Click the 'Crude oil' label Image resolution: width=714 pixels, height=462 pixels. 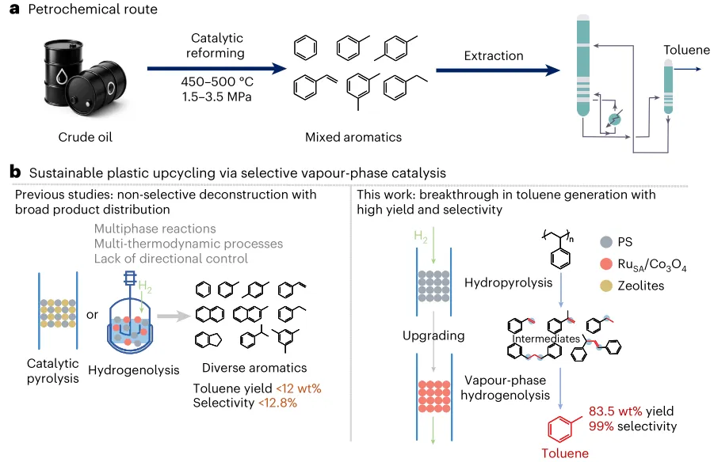click(86, 137)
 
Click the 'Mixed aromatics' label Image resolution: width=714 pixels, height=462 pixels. click(353, 137)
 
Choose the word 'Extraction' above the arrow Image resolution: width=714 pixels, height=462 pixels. click(494, 55)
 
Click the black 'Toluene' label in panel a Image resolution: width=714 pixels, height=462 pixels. click(686, 51)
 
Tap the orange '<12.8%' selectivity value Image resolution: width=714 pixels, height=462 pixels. click(277, 403)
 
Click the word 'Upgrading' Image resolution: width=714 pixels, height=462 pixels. click(433, 335)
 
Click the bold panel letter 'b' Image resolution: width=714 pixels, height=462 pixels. click(14, 171)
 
